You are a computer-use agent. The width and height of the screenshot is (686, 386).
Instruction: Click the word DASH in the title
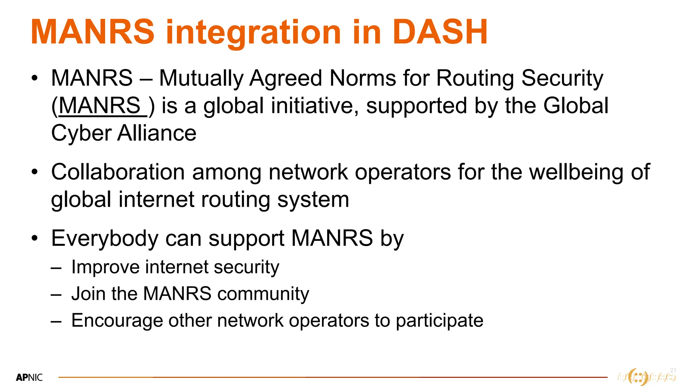[x=439, y=32]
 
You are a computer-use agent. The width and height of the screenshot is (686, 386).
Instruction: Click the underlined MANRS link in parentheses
[x=100, y=106]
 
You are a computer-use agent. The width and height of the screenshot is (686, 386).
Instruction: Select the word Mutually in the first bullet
[x=201, y=78]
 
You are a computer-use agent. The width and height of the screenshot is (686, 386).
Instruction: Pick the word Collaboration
[x=118, y=172]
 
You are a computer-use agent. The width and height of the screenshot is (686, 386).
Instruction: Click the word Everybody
[x=105, y=239]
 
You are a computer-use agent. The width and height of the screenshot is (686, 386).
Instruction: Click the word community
[x=263, y=294]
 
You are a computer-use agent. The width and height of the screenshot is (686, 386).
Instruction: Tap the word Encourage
[x=117, y=321]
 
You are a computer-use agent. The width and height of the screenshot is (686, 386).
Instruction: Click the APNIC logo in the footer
[x=29, y=378]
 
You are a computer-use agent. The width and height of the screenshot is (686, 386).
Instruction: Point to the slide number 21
[x=673, y=370]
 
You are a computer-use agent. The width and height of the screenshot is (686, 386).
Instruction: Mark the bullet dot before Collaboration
[x=35, y=172]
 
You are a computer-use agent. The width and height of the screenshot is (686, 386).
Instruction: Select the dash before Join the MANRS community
[x=56, y=294]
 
